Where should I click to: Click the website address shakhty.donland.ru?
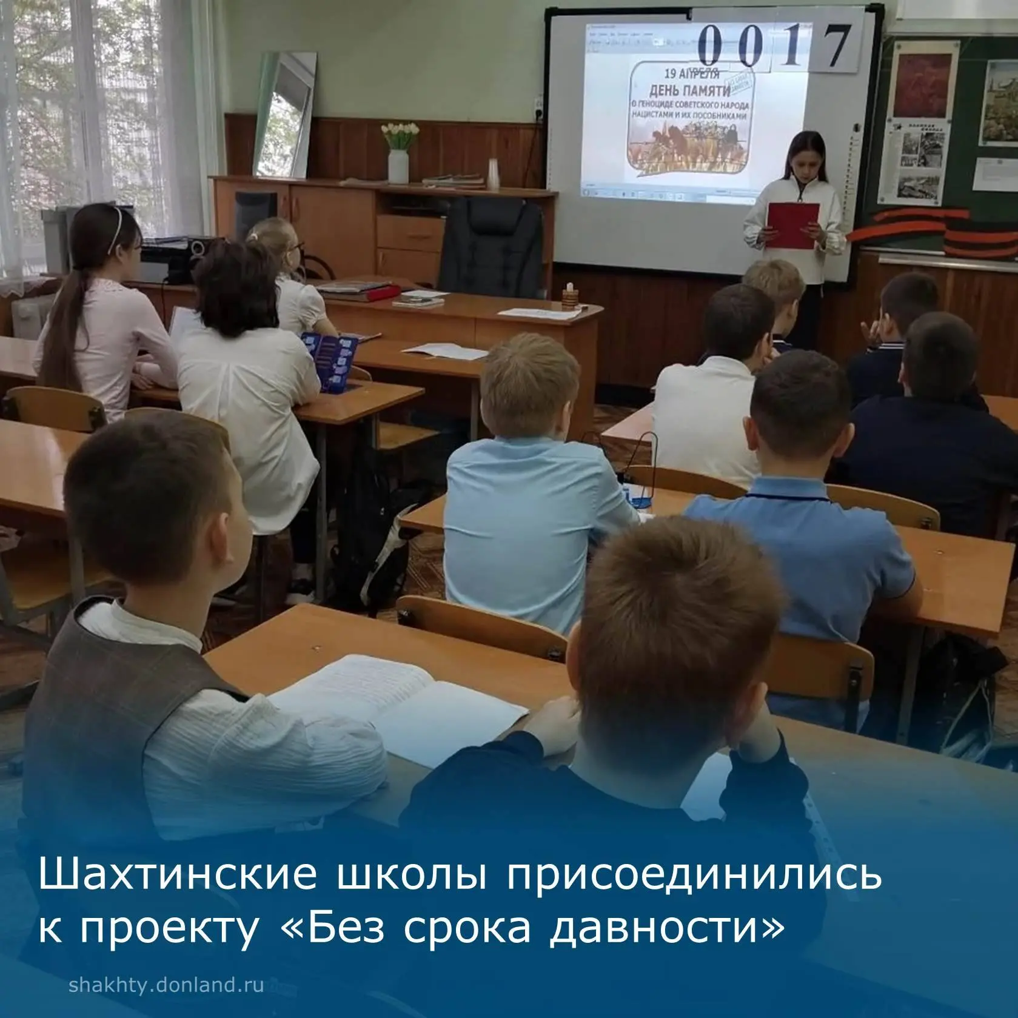pyautogui.click(x=166, y=985)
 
